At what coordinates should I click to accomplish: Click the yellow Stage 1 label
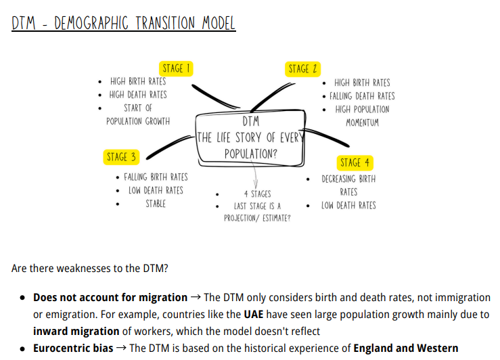(175, 68)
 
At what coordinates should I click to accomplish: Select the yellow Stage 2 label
(302, 68)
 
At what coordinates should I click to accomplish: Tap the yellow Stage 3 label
(121, 157)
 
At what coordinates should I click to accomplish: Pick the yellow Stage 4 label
(355, 163)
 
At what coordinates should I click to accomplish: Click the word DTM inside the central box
(250, 122)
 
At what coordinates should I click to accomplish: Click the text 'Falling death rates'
(362, 96)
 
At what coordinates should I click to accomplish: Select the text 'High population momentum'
(362, 116)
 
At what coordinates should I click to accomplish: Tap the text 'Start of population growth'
(138, 114)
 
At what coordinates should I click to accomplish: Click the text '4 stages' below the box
(257, 194)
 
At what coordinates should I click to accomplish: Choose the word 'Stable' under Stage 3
(156, 203)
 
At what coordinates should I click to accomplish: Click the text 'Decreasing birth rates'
(348, 185)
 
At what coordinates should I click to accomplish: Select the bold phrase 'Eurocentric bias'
(73, 348)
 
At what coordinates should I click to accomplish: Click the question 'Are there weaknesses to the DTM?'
(90, 268)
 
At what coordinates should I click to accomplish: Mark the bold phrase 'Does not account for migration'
(110, 298)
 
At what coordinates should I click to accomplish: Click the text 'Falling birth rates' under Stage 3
(156, 177)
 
